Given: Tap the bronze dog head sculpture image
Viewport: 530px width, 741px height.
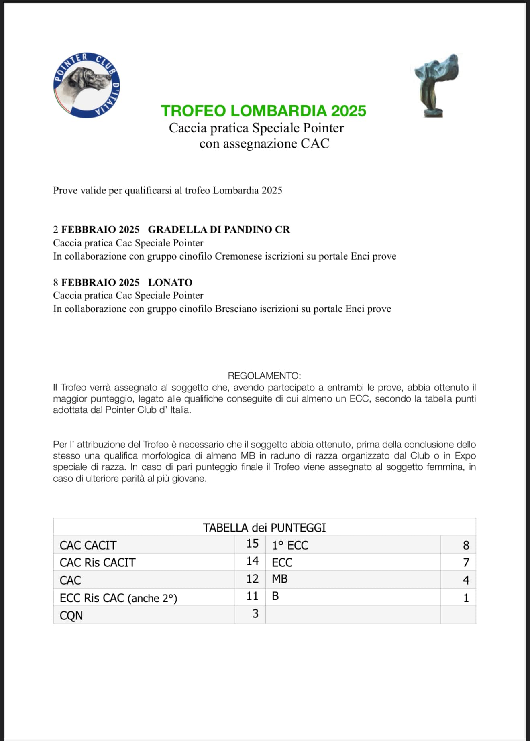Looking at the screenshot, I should [x=437, y=85].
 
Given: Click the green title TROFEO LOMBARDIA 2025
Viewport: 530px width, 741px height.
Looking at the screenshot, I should [x=263, y=111].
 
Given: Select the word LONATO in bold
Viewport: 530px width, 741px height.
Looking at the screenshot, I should [x=170, y=282].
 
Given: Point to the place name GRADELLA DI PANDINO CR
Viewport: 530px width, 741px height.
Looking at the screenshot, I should [x=219, y=229].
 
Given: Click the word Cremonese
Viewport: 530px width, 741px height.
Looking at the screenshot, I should [x=238, y=256].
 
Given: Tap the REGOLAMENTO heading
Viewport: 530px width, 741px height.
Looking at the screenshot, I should [x=264, y=376].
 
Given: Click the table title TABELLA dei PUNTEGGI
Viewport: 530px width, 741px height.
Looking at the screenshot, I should [x=264, y=528].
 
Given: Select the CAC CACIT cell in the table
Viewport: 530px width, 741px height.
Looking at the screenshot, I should [x=88, y=545].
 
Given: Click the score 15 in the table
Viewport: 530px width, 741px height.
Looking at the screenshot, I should [x=253, y=544].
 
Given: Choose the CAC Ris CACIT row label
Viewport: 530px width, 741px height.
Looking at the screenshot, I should [x=98, y=562].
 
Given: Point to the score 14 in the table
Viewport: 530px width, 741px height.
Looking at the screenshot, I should [x=253, y=561].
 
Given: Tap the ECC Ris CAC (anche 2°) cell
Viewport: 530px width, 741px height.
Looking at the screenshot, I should [x=118, y=598].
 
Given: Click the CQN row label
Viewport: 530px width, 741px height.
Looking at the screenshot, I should [x=71, y=615].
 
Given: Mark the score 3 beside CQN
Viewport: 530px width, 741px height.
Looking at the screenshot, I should [x=255, y=614].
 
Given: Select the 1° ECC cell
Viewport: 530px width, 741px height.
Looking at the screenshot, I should [x=290, y=545].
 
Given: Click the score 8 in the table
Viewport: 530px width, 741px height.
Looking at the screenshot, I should [x=466, y=545].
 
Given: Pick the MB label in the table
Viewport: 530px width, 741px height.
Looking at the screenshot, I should [x=280, y=579].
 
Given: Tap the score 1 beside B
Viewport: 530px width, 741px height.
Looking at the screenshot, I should [x=466, y=598].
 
